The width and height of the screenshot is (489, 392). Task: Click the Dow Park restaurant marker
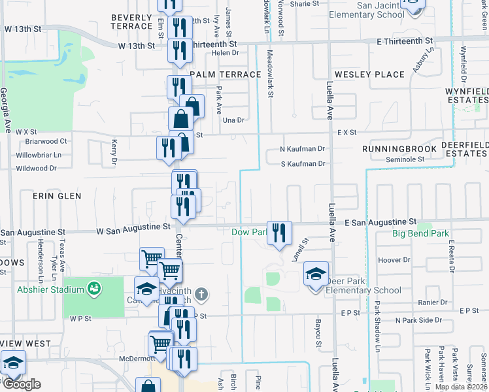pyautogui.click(x=279, y=233)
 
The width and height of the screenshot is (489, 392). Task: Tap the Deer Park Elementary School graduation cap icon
pyautogui.click(x=315, y=275)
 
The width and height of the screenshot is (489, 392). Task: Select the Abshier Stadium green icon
pyautogui.click(x=93, y=288)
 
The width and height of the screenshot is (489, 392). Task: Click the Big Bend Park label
pyautogui.click(x=420, y=233)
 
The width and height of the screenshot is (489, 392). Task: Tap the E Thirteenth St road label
pyautogui.click(x=409, y=41)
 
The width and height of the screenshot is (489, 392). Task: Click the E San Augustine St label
pyautogui.click(x=380, y=223)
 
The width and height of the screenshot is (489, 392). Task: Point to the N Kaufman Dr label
pyautogui.click(x=302, y=149)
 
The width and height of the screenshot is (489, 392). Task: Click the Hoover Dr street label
pyautogui.click(x=394, y=260)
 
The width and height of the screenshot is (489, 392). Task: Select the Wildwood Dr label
pyautogui.click(x=37, y=169)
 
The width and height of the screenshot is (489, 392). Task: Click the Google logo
pyautogui.click(x=22, y=384)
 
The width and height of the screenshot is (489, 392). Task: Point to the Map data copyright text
pyautogui.click(x=462, y=387)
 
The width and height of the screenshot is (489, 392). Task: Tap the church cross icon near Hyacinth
pyautogui.click(x=201, y=294)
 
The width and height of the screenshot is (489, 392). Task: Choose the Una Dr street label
pyautogui.click(x=233, y=120)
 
